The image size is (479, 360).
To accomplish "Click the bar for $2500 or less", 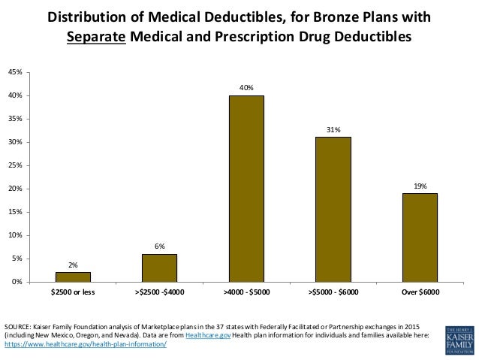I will (74, 277).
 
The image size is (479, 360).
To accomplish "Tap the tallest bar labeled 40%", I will (246, 188).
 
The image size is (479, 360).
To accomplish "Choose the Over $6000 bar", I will (419, 237).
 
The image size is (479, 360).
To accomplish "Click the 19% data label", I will (419, 186).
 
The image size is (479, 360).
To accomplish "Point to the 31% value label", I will (333, 130).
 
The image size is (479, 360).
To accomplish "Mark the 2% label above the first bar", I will (74, 265).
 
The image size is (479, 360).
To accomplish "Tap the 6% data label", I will (160, 246).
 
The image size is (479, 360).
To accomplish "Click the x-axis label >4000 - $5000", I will (246, 291).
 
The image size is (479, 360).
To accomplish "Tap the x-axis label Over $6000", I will (419, 291).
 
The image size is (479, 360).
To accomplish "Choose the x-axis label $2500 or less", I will (74, 291).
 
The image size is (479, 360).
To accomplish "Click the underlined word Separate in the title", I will (97, 36).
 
